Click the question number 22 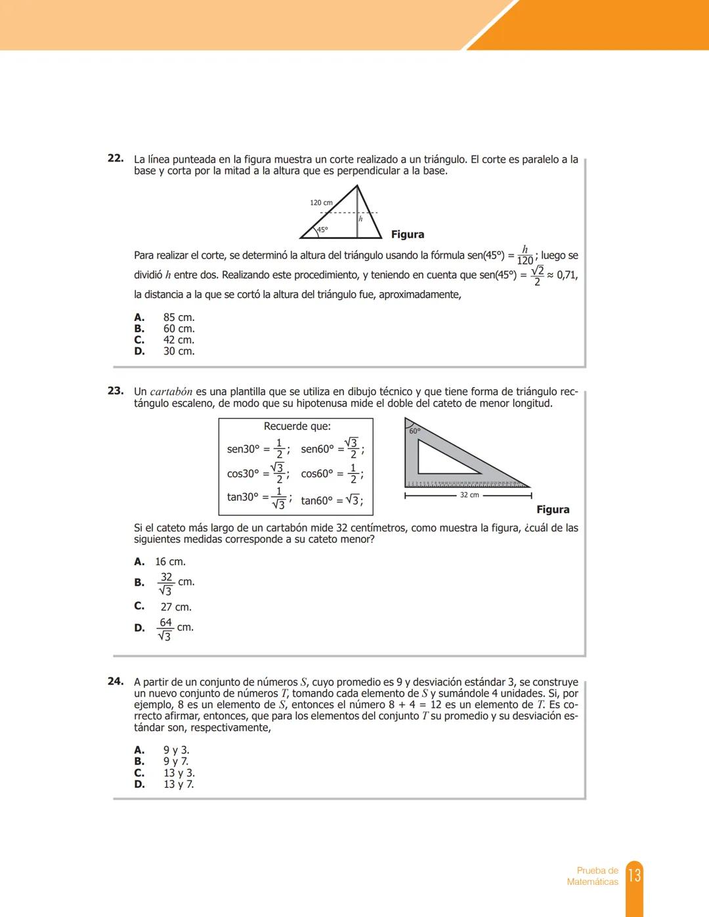pyautogui.click(x=116, y=158)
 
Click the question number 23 pyautogui.click(x=116, y=391)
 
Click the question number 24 pyautogui.click(x=116, y=681)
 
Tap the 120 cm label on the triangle pyautogui.click(x=321, y=203)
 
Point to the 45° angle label pyautogui.click(x=322, y=230)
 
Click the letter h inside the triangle pyautogui.click(x=360, y=219)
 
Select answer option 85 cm pyautogui.click(x=179, y=318)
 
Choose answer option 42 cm pyautogui.click(x=179, y=340)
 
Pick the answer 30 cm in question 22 pyautogui.click(x=179, y=351)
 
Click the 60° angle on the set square pyautogui.click(x=415, y=431)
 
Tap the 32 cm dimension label pyautogui.click(x=469, y=495)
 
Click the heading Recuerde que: pyautogui.click(x=297, y=427)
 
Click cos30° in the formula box pyautogui.click(x=244, y=474)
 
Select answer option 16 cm pyautogui.click(x=170, y=562)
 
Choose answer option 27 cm pyautogui.click(x=176, y=607)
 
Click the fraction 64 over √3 pyautogui.click(x=165, y=629)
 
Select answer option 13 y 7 pyautogui.click(x=179, y=784)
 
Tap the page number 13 pyautogui.click(x=634, y=876)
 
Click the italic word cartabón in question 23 pyautogui.click(x=171, y=392)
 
